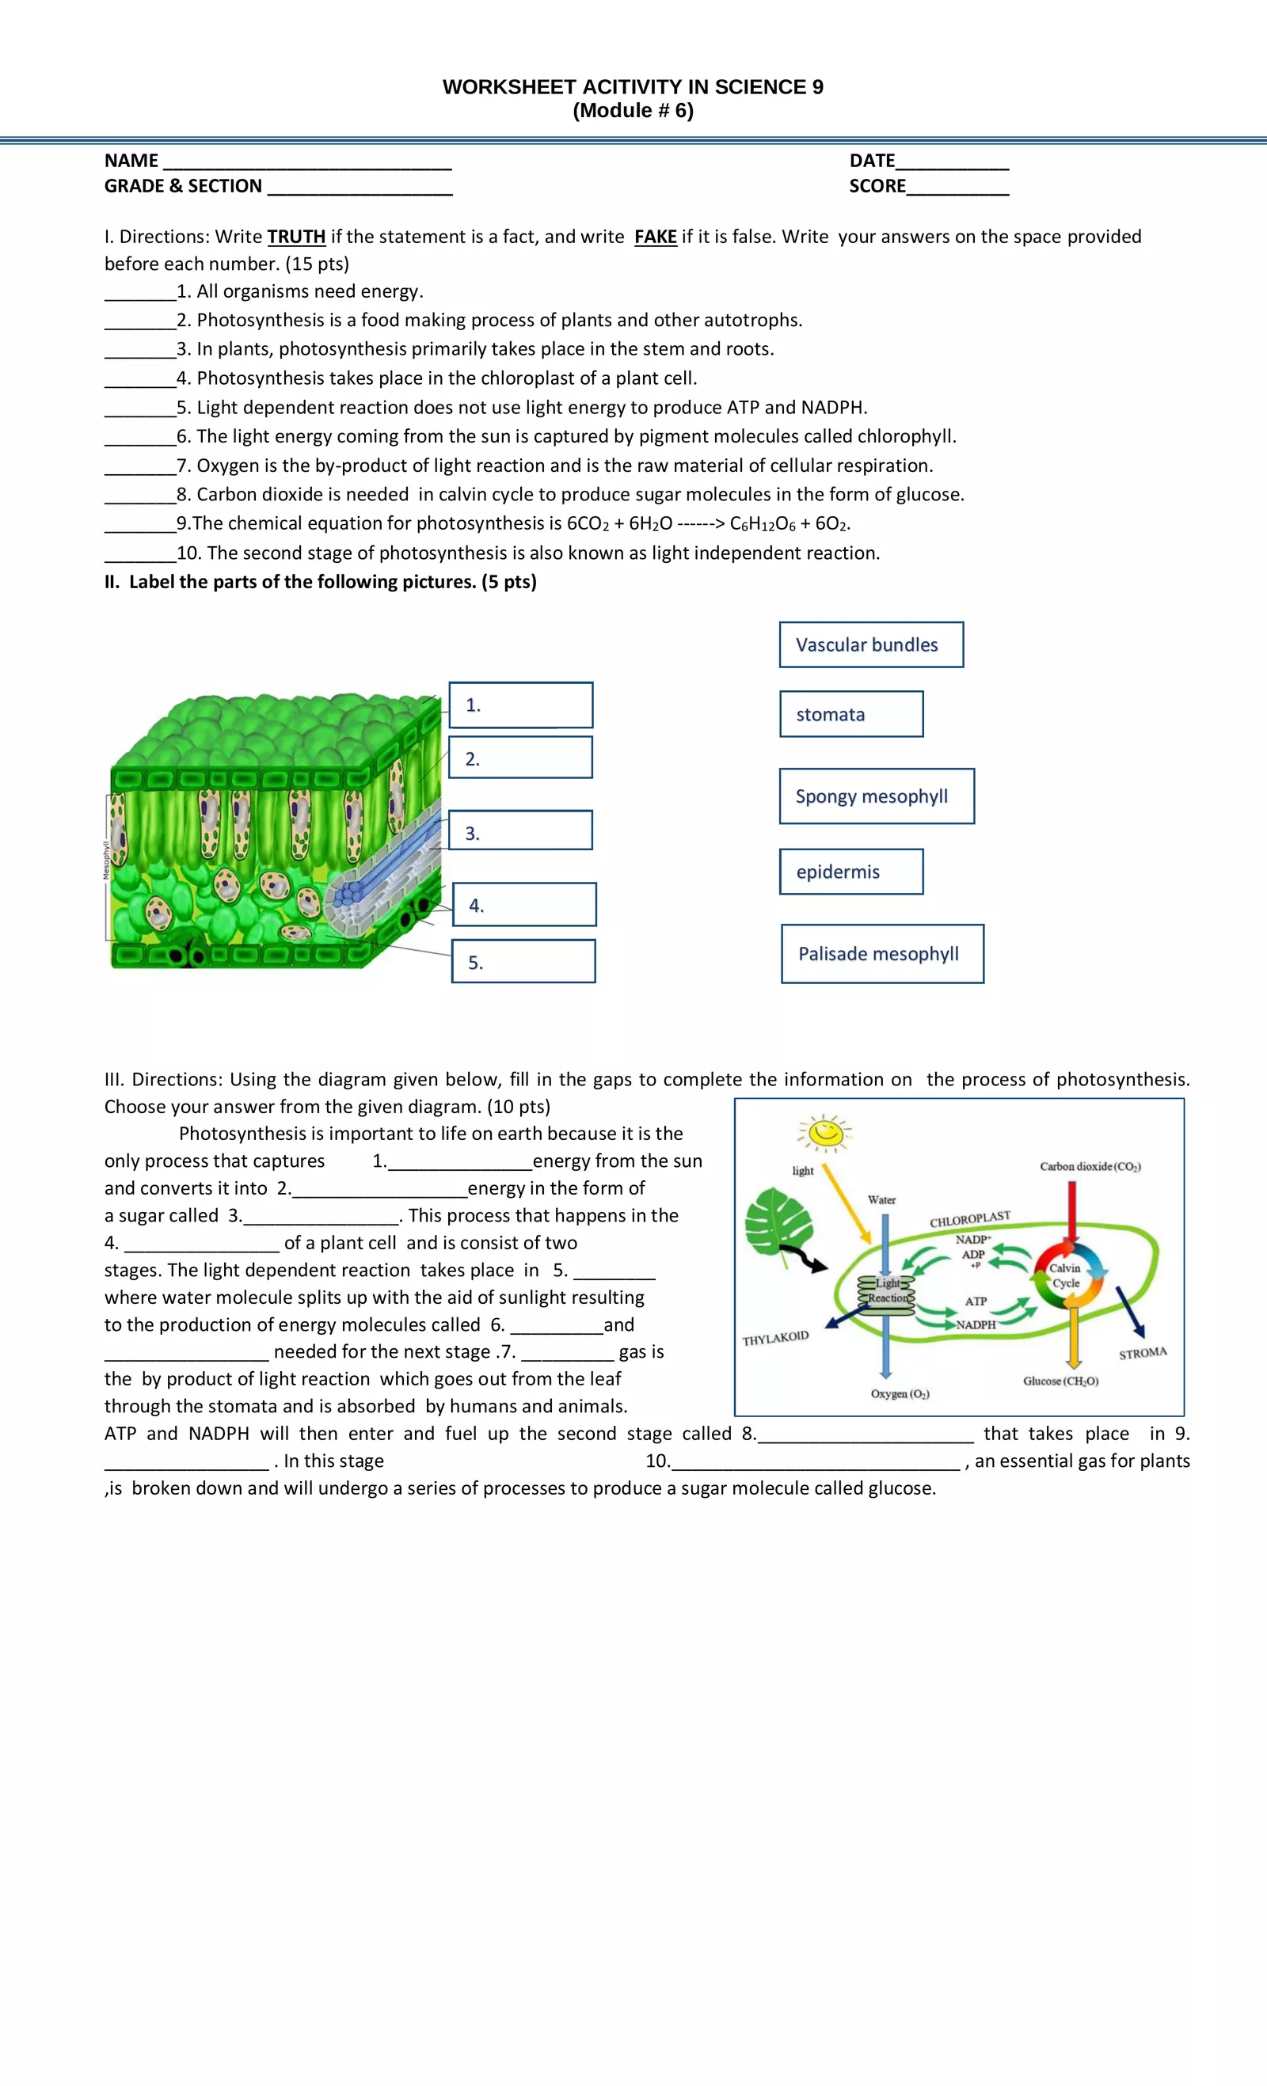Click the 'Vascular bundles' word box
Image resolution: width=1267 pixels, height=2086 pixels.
tap(870, 644)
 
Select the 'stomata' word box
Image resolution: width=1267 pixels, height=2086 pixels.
tap(850, 714)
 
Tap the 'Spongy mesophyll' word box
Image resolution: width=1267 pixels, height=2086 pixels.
tap(876, 796)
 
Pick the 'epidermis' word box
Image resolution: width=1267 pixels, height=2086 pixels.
tap(850, 871)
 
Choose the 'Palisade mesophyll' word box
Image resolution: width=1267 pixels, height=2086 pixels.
tap(881, 953)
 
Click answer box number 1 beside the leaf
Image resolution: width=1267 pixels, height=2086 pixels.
tap(520, 705)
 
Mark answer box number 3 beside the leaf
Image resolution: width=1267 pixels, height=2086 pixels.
tap(520, 830)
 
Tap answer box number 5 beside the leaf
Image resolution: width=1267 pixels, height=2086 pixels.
tap(523, 961)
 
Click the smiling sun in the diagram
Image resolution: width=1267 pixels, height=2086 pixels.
tap(825, 1132)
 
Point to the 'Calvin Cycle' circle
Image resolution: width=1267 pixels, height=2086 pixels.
tap(1065, 1276)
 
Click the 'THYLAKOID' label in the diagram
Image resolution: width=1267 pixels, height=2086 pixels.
tap(775, 1339)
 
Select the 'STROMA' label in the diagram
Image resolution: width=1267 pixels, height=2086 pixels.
tap(1142, 1353)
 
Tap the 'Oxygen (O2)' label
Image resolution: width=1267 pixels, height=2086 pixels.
tap(900, 1393)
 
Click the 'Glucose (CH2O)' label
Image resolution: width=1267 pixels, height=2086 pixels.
tap(1060, 1381)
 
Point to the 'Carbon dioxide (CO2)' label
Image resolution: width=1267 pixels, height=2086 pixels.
tap(1090, 1167)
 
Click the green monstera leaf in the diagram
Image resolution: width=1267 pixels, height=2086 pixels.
tap(778, 1221)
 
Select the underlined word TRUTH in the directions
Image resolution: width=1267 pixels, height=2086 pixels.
tap(296, 237)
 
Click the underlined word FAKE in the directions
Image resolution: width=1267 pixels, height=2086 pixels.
tap(655, 237)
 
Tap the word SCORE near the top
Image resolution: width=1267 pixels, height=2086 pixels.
tap(877, 186)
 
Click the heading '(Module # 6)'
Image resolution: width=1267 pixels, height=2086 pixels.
tap(633, 111)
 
